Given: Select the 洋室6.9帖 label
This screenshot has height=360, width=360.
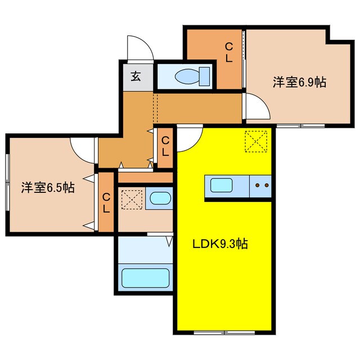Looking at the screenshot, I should (x=300, y=82).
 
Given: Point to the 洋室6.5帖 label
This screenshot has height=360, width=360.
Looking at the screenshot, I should (x=48, y=187).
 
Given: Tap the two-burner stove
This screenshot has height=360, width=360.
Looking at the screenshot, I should (x=261, y=184).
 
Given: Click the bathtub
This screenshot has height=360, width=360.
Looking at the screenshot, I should (x=146, y=278).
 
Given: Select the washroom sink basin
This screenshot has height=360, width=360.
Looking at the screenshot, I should (x=160, y=198).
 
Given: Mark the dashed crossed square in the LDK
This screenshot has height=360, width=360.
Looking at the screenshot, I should (x=256, y=141).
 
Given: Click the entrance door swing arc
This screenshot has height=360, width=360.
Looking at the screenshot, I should (x=140, y=47).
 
